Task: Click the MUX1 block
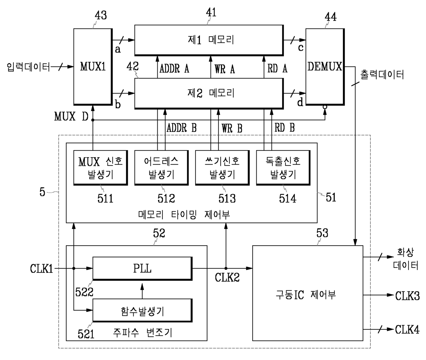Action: click(93, 67)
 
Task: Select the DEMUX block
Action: click(325, 67)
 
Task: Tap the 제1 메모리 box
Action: click(209, 40)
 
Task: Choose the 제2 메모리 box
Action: click(209, 93)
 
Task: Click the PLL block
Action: click(143, 269)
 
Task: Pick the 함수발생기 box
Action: click(143, 310)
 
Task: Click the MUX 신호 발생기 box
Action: click(101, 168)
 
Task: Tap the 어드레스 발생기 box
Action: click(161, 168)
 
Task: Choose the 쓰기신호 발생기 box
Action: click(222, 168)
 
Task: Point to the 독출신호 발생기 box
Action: click(283, 168)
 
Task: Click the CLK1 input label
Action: click(42, 269)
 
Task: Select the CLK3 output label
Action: click(407, 296)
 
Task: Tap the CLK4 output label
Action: click(407, 329)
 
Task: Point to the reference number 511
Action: click(105, 199)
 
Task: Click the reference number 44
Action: click(330, 17)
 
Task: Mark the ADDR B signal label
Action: click(182, 128)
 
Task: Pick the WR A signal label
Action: click(225, 69)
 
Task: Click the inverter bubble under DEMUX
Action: click(325, 107)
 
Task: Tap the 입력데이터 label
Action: click(29, 67)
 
